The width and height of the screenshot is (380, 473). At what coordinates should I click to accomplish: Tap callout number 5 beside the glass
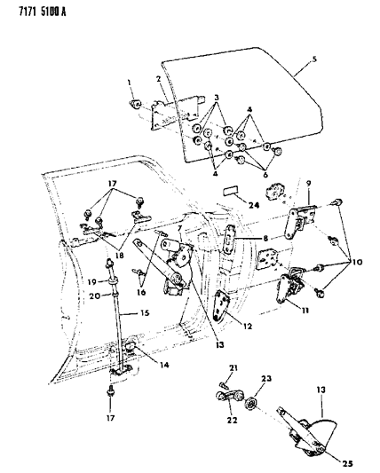313,60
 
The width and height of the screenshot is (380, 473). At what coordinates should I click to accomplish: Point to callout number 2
158,80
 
